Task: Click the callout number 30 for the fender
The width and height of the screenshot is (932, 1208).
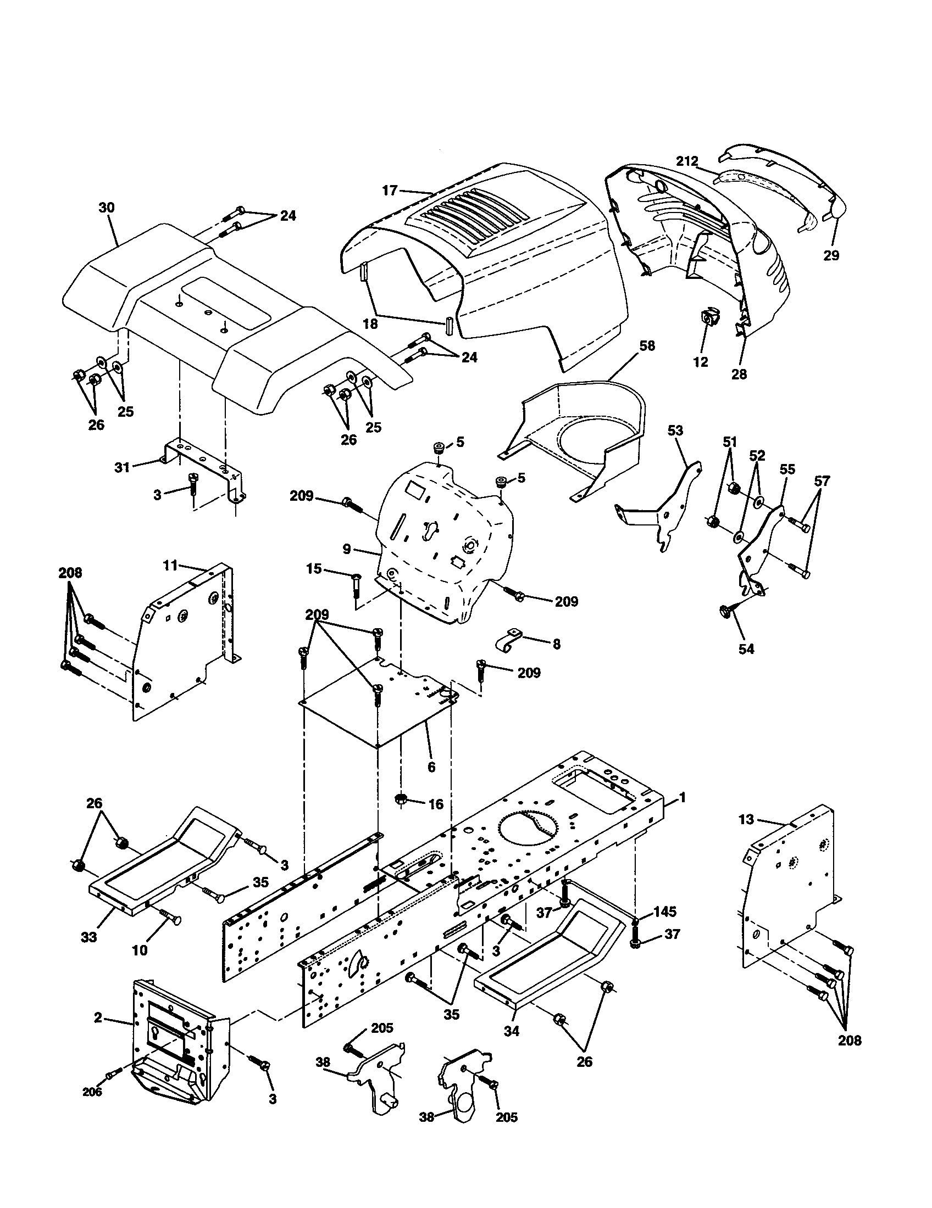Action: pos(106,208)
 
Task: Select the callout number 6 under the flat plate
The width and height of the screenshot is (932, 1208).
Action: pos(431,767)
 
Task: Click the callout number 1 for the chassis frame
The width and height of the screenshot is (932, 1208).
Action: pos(683,797)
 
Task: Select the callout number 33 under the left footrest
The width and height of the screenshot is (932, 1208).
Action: pos(88,937)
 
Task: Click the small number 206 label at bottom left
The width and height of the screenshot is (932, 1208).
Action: pos(92,1092)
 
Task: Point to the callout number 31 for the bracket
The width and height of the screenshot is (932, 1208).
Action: pos(122,467)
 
